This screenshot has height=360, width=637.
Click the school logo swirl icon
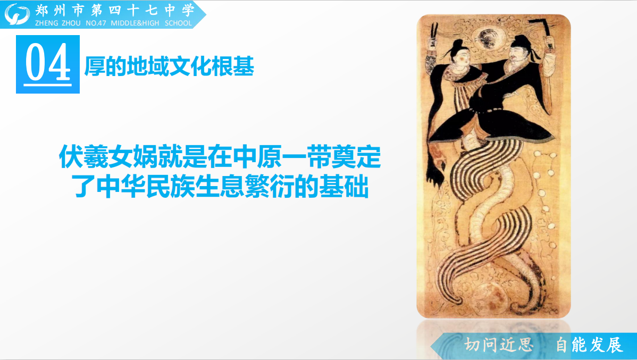17,14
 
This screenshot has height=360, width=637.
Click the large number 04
48,63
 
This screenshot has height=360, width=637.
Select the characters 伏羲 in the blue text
83,157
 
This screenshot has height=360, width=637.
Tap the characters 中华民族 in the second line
146,186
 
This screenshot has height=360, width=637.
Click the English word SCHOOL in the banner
178,23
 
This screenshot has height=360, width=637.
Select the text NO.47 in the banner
96,23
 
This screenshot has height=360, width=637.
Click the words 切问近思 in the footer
499,345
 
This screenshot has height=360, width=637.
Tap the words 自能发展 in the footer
589,345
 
